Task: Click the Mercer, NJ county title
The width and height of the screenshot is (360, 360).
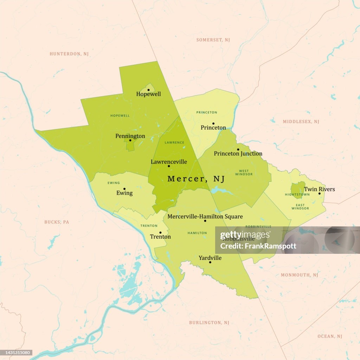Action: (196, 179)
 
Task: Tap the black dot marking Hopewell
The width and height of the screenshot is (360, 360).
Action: (148, 90)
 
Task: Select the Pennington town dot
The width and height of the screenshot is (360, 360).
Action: (130, 140)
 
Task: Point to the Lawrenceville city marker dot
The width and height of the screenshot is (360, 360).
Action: (169, 166)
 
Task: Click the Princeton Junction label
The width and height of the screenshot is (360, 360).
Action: (238, 154)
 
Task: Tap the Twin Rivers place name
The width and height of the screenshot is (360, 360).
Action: (319, 189)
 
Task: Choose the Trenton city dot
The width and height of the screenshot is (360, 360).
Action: (160, 232)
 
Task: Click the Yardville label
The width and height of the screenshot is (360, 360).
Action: (210, 258)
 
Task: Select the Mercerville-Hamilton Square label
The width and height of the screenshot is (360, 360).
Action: (205, 216)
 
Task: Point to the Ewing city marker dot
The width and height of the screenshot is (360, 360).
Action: (124, 189)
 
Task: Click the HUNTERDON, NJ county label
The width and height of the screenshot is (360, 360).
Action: (69, 54)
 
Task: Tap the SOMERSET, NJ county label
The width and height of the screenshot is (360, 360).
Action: (213, 40)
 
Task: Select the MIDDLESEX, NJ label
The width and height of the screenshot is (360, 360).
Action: (301, 122)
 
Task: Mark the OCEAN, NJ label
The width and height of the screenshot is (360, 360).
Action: (330, 336)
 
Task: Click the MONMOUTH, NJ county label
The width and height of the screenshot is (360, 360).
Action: (299, 275)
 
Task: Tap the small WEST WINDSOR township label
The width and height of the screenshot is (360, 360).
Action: (244, 173)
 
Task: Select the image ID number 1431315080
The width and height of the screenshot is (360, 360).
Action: (17, 352)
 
